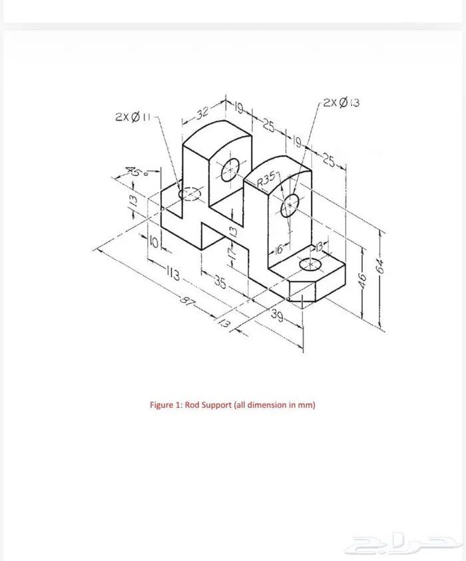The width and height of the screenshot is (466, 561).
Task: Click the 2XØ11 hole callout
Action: (133, 117)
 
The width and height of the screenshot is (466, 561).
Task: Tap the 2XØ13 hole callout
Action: (342, 103)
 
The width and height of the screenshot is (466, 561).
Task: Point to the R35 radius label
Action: (267, 179)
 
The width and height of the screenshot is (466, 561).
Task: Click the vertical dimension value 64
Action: (380, 266)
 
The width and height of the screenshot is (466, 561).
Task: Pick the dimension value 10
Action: (153, 243)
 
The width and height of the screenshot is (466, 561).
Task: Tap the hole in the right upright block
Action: (290, 206)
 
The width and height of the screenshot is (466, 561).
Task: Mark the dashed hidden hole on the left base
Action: (190, 194)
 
